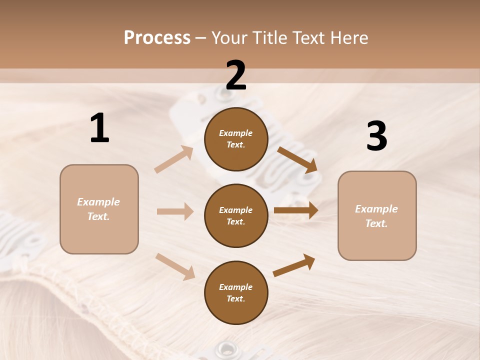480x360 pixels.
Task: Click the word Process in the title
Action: point(157,38)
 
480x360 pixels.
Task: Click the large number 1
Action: point(99,128)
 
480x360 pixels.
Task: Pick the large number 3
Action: point(376,136)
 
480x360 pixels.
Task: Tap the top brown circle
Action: point(236,139)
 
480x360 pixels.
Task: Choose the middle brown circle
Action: point(236,215)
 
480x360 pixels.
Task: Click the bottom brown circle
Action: point(236,292)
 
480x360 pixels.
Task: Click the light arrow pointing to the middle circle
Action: point(175,211)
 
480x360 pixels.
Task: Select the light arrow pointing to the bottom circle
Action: point(175,266)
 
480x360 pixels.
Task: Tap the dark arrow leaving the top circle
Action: point(297,160)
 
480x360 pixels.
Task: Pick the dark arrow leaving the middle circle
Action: point(296,210)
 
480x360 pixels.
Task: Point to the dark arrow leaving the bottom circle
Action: point(294,265)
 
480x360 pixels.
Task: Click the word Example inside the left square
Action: point(98,202)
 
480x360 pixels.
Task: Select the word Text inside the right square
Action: point(376,223)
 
